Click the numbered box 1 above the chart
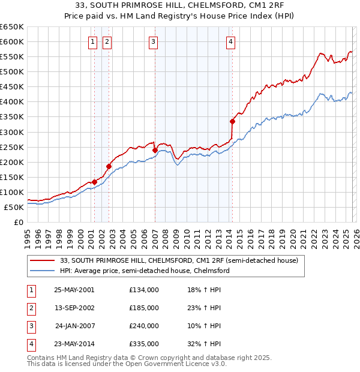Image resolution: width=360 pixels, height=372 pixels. [94, 42]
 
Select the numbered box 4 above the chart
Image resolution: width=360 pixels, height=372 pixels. [230, 42]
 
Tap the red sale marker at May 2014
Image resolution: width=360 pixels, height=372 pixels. [232, 121]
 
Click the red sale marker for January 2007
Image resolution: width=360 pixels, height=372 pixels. [155, 150]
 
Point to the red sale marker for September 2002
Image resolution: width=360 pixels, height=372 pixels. [109, 166]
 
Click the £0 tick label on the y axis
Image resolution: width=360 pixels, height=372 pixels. [19, 222]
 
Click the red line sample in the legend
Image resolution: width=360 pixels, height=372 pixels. [42, 261]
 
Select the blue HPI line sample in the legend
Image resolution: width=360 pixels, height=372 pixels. [42, 271]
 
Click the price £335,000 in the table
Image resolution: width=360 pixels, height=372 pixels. [143, 344]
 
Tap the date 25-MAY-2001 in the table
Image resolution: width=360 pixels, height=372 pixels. [74, 290]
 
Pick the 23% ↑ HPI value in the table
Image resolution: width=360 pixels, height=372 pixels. [205, 308]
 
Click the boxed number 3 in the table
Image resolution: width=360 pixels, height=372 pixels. [30, 326]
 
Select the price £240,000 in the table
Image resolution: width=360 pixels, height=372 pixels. [143, 326]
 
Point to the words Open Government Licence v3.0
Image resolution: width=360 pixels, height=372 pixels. [181, 364]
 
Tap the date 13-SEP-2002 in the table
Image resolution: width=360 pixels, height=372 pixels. [74, 308]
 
